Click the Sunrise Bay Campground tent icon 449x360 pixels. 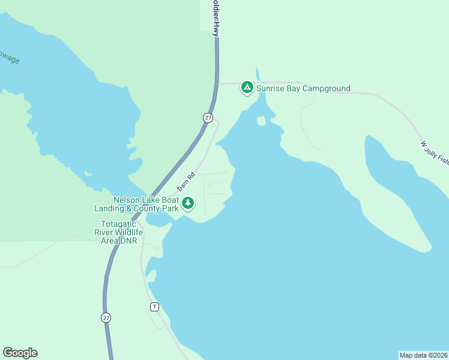pyautogui.click(x=247, y=88)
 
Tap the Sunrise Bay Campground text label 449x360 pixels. pyautogui.click(x=303, y=89)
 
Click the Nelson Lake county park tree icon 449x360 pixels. pyautogui.click(x=188, y=203)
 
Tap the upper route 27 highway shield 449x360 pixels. pyautogui.click(x=208, y=118)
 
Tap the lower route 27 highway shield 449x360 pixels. pyautogui.click(x=106, y=317)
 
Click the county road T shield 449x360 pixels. pyautogui.click(x=154, y=307)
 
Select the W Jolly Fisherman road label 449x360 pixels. pyautogui.click(x=434, y=152)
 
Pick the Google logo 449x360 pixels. pyautogui.click(x=20, y=353)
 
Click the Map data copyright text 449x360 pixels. pyautogui.click(x=423, y=355)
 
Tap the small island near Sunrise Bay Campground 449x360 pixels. pyautogui.click(x=261, y=121)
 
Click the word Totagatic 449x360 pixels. pyautogui.click(x=118, y=224)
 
